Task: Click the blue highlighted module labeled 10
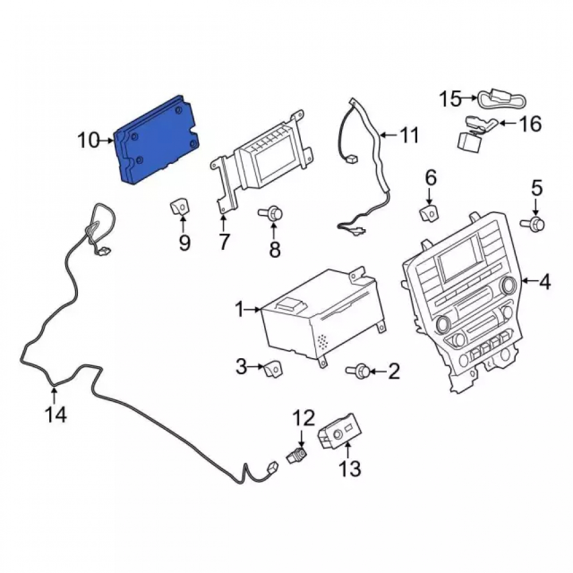click(x=157, y=142)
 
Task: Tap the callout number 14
click(x=56, y=415)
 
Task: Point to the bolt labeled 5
click(x=533, y=222)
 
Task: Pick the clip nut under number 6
click(x=429, y=213)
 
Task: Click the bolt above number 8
click(x=271, y=213)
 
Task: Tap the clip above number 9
click(x=180, y=207)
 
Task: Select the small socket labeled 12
click(x=297, y=456)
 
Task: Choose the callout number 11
click(x=409, y=136)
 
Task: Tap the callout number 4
click(x=544, y=282)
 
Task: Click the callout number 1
click(x=240, y=310)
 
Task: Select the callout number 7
click(x=223, y=242)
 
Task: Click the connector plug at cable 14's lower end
click(x=273, y=468)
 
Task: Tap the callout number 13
click(x=350, y=469)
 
